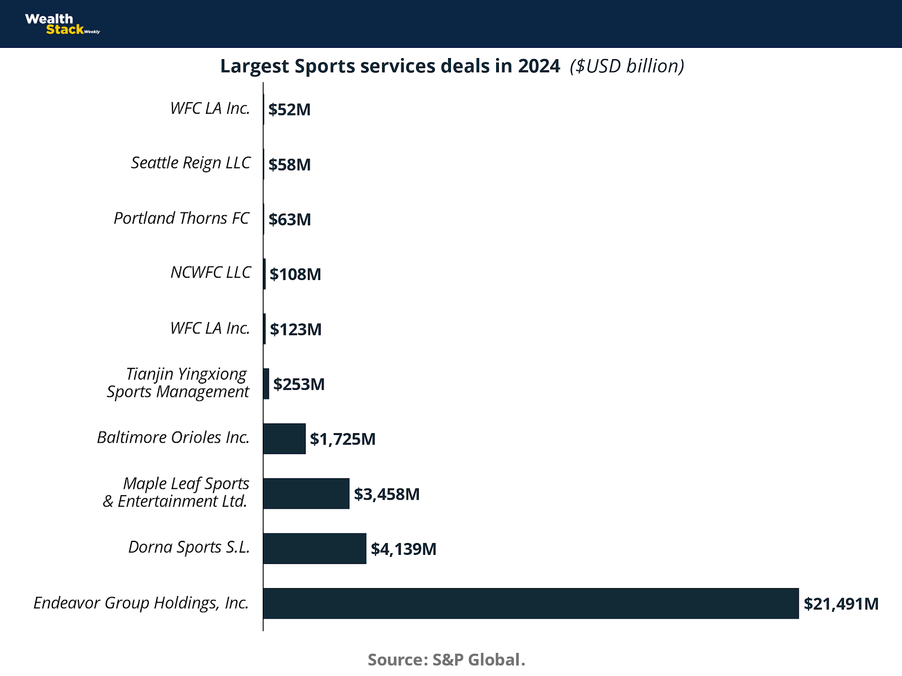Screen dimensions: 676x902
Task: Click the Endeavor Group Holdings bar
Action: pos(530,603)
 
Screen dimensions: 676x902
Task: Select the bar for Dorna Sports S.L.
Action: pos(315,549)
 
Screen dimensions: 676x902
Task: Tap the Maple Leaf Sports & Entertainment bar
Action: pos(306,493)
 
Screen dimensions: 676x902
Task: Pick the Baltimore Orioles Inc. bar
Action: pos(284,439)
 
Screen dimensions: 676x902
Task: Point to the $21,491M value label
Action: pos(841,604)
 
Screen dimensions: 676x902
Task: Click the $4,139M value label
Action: pos(403,549)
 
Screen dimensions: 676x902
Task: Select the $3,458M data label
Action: pos(386,494)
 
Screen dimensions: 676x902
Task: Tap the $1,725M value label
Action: pos(342,439)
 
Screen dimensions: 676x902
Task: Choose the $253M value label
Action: pos(299,384)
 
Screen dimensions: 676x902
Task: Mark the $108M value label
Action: pos(295,274)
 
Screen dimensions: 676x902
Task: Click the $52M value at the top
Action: pos(289,109)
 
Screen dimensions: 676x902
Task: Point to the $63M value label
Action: pos(289,219)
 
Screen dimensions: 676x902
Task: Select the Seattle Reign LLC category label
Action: pos(191,163)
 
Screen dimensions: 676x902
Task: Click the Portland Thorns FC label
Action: pos(182,218)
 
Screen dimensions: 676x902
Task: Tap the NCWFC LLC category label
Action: pos(210,273)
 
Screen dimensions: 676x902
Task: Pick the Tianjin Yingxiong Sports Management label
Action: pos(178,383)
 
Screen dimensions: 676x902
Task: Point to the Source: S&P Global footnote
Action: pos(446,659)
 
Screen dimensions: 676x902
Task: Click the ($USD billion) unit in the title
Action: pos(627,66)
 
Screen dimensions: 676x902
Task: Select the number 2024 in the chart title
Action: pos(539,66)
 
